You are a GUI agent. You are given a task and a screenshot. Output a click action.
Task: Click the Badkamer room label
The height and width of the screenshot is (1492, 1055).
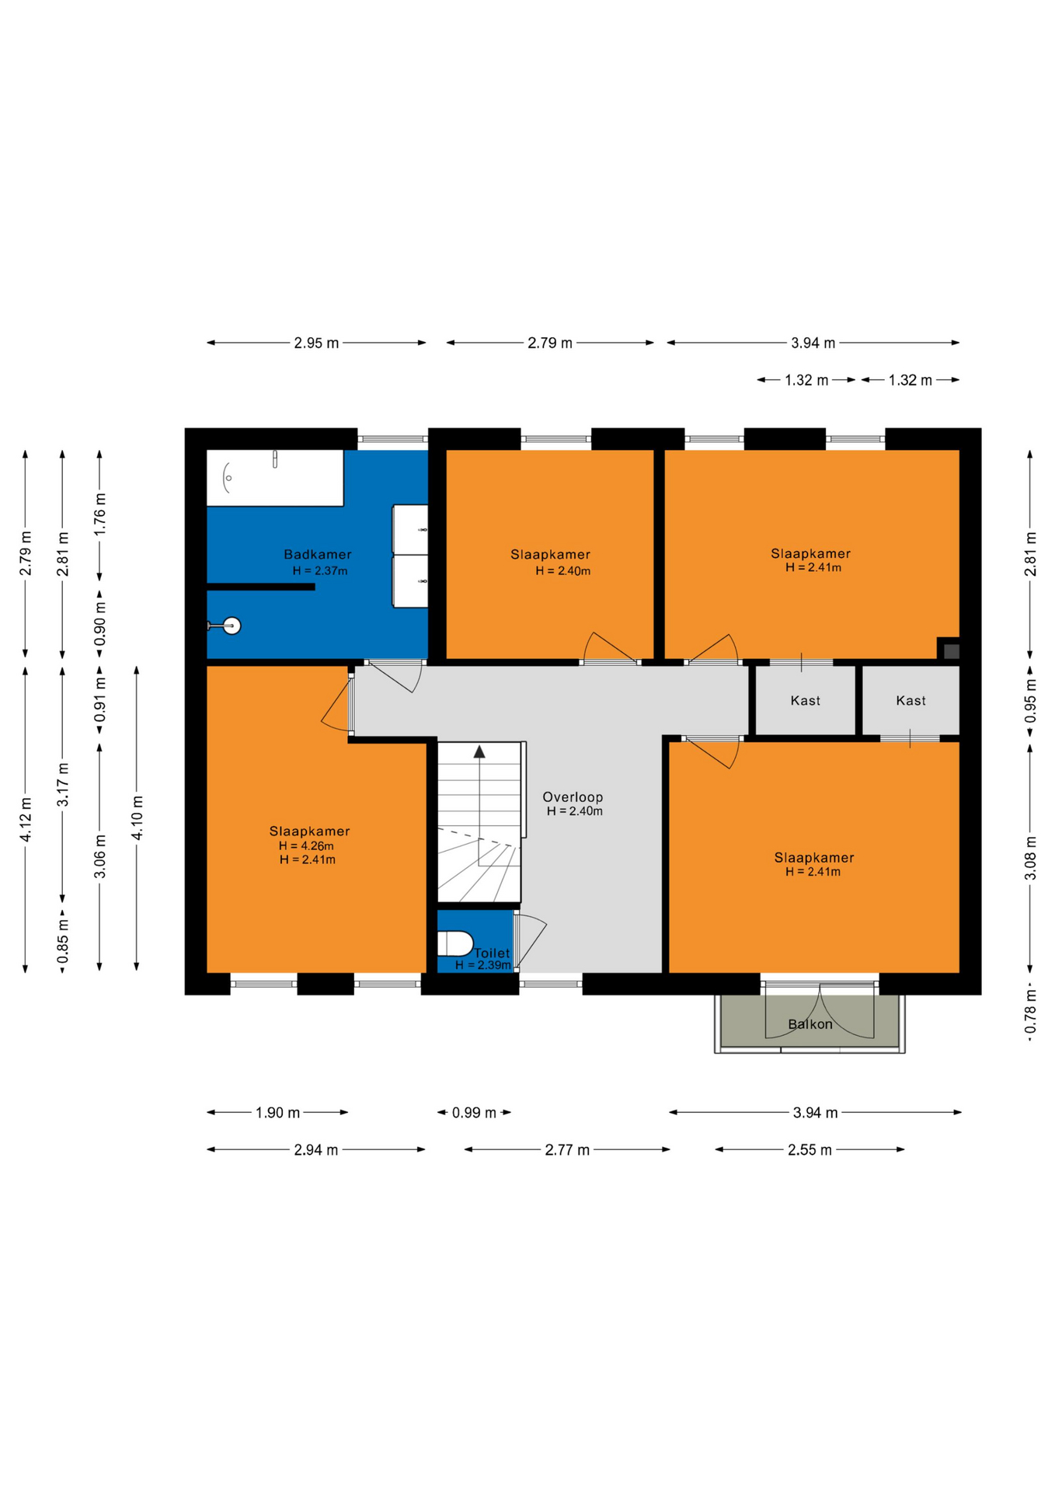click(317, 554)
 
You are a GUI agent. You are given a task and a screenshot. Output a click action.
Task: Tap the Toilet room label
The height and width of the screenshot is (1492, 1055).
click(492, 953)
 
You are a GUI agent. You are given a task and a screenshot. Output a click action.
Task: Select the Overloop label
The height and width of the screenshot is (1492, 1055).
click(573, 797)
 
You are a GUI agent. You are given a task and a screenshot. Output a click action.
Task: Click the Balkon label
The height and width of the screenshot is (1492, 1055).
click(810, 1024)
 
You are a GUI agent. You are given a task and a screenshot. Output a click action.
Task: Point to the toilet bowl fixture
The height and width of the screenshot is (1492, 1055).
click(455, 943)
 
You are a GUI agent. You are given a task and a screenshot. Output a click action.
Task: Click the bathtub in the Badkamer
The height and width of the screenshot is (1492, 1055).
click(275, 478)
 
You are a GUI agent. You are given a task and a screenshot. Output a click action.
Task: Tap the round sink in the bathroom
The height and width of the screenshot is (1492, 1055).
click(232, 626)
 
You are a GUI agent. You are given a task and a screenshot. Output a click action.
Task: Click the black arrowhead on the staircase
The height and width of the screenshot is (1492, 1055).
click(479, 751)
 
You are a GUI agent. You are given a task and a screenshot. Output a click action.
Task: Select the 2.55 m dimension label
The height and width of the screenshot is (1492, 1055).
click(810, 1150)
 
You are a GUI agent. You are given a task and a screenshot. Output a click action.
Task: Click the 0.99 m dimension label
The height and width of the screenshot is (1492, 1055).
click(474, 1113)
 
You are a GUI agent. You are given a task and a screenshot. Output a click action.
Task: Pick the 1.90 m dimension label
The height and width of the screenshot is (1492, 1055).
click(277, 1113)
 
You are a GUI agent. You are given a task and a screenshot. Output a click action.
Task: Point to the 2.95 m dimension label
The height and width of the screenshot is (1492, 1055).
click(316, 343)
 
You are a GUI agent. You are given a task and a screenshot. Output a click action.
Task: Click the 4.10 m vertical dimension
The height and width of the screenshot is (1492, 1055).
click(137, 817)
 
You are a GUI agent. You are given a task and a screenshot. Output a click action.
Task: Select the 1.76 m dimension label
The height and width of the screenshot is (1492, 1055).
click(99, 514)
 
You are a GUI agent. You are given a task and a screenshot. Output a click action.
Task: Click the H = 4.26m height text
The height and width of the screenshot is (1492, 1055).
click(306, 846)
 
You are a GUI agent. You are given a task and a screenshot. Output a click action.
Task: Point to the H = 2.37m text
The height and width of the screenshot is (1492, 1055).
click(320, 571)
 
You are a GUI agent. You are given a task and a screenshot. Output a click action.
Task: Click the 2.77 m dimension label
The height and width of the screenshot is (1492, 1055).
click(567, 1150)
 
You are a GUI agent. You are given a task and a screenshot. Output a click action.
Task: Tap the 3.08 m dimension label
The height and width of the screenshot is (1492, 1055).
click(1030, 858)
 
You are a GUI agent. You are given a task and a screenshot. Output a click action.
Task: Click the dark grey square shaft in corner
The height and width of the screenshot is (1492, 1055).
click(951, 650)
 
